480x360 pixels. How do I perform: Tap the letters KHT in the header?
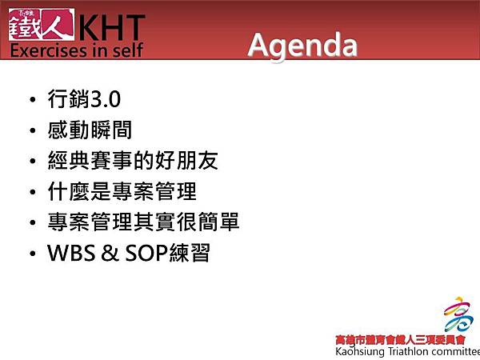click(x=111, y=27)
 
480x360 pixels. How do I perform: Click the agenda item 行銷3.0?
click(x=84, y=101)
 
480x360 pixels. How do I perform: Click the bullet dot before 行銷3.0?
click(x=31, y=102)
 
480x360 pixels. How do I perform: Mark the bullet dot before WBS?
click(x=31, y=254)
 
